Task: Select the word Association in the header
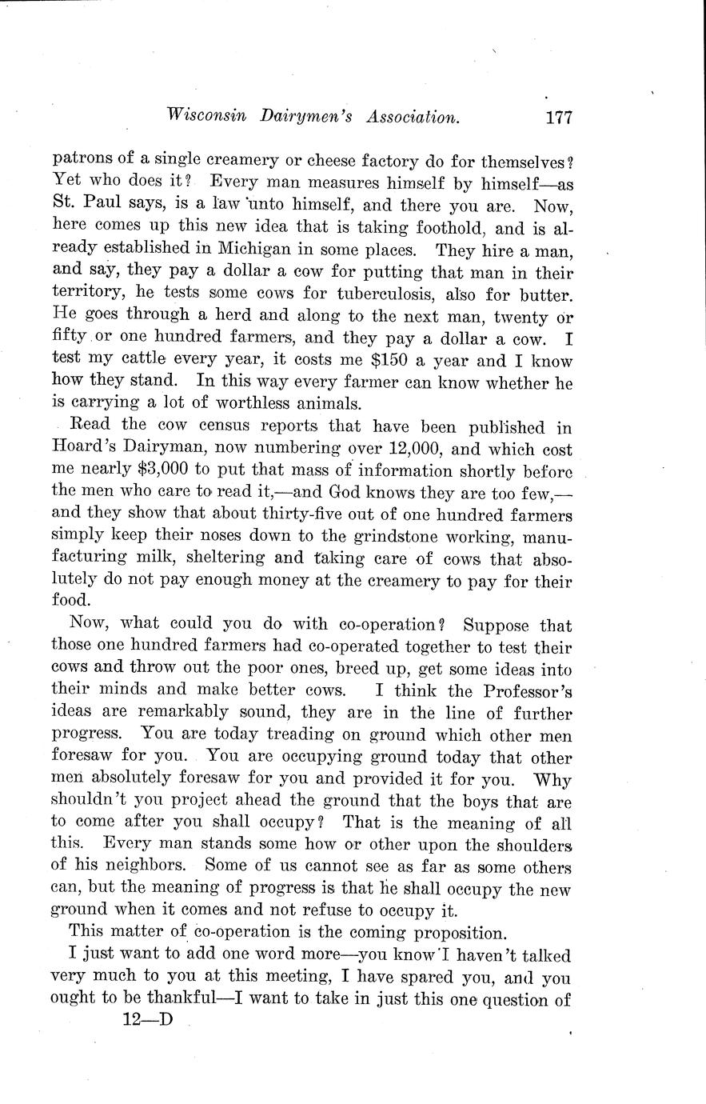[x=413, y=117]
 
